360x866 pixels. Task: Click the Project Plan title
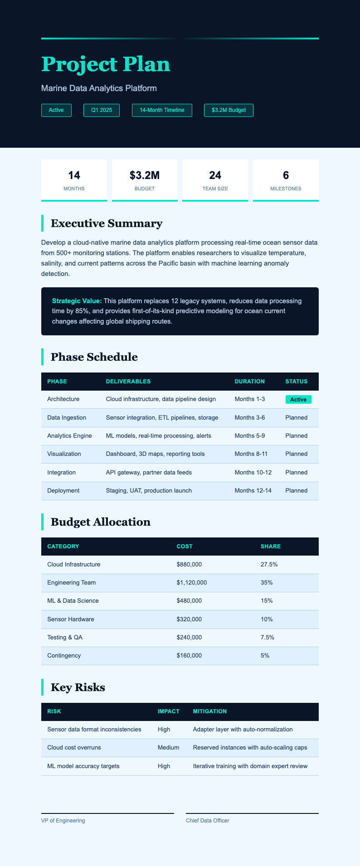coord(106,64)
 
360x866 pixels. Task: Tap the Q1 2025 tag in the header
coord(102,110)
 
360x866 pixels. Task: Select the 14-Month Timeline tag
coord(162,110)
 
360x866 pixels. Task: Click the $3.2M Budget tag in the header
coord(229,110)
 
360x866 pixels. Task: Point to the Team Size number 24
coord(215,175)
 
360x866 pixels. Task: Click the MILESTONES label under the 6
coord(286,189)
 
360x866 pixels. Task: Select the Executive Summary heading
coord(107,223)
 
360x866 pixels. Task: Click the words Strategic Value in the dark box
coord(77,301)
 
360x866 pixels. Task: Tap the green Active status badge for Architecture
coord(298,400)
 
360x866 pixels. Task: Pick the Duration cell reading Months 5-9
coord(250,436)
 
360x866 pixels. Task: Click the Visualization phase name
coord(64,454)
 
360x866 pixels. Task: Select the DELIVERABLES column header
coord(128,382)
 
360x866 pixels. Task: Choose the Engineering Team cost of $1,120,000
coord(192,582)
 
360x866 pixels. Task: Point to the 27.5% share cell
coord(269,565)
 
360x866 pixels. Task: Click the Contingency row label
coord(64,656)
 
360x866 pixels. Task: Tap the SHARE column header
coord(271,547)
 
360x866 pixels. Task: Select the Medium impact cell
coord(168,747)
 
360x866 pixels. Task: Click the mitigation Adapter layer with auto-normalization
coord(243,730)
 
